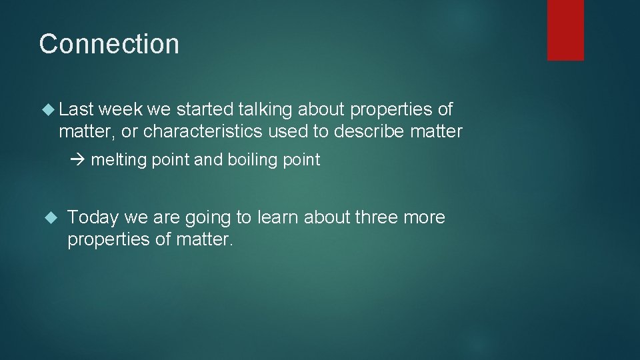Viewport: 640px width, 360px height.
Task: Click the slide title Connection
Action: [x=109, y=44]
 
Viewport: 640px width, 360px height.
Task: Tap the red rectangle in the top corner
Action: [x=565, y=30]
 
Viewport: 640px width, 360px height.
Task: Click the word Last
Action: [x=76, y=109]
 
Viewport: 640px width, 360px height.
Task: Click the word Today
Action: [x=93, y=218]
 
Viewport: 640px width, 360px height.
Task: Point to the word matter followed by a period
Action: [x=205, y=239]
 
